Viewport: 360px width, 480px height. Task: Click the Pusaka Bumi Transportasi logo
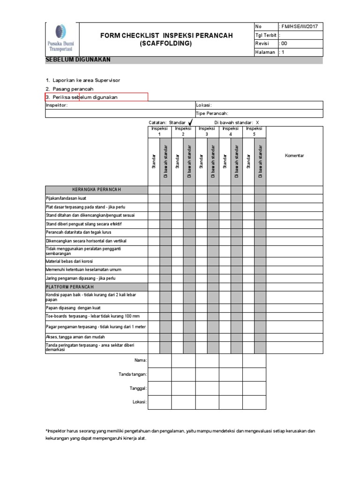61,39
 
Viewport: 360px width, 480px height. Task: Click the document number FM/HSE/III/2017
299,27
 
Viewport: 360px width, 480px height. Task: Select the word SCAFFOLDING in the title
166,44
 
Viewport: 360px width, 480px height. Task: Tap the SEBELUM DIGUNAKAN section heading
78,60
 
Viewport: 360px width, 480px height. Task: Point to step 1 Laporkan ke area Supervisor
83,80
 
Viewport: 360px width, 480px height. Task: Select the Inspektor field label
57,105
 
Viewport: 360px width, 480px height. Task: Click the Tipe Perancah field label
212,113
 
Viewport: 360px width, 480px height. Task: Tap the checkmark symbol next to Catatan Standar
190,122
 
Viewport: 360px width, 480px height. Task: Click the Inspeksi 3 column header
207,131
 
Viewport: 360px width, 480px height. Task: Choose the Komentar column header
294,155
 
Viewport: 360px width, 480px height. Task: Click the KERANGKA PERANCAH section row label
97,189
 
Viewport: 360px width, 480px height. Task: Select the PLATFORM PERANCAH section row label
70,286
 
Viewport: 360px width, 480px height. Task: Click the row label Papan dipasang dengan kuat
73,308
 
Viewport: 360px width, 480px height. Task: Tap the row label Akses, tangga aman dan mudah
75,337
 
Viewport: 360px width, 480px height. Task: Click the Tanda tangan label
133,374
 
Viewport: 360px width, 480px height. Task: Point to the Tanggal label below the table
138,388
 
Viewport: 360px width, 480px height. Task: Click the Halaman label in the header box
265,52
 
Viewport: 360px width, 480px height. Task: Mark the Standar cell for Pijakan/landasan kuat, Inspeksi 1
154,198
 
